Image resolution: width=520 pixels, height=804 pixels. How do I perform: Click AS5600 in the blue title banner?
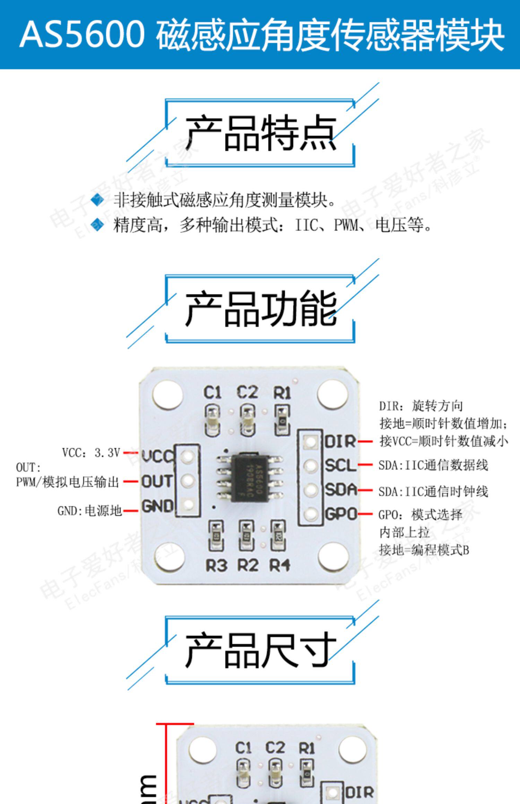[82, 34]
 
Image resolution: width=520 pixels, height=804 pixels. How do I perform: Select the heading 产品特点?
[261, 133]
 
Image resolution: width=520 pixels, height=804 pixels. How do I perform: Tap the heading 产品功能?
[261, 309]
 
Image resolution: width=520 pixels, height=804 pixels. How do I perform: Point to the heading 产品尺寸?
[261, 650]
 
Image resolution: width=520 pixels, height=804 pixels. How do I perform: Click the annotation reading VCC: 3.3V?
[91, 453]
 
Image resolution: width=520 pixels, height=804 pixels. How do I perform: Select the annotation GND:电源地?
[89, 511]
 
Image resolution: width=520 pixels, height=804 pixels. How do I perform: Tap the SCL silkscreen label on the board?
[340, 465]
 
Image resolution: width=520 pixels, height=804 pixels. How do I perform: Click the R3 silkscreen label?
[216, 566]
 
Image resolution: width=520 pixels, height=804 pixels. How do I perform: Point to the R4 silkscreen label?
[280, 566]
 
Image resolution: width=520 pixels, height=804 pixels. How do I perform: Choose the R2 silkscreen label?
[248, 566]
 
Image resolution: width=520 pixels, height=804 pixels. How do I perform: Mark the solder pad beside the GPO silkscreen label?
[311, 514]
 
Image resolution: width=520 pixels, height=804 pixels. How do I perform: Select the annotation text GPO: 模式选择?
[420, 515]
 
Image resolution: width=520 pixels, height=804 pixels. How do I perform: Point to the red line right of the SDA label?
[365, 490]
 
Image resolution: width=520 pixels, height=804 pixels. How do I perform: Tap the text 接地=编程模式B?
[424, 550]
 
